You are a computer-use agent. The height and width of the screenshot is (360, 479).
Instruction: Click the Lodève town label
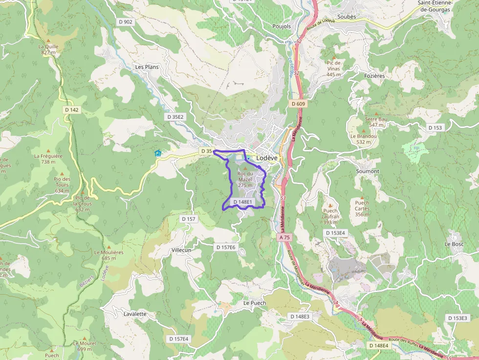[267, 158]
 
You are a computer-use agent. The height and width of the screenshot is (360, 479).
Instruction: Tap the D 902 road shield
[126, 22]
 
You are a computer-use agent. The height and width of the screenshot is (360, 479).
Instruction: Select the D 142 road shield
[71, 110]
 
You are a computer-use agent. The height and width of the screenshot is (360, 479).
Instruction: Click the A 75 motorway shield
[285, 237]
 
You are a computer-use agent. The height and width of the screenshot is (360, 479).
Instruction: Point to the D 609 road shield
[298, 104]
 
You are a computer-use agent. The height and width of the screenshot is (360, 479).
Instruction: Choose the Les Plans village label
[147, 67]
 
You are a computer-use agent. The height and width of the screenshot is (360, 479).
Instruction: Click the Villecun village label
[181, 250]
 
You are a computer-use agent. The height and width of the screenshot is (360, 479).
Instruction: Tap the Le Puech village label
[255, 303]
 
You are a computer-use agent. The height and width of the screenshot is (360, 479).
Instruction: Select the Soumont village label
[368, 171]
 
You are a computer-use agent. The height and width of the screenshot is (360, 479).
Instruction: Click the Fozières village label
[375, 76]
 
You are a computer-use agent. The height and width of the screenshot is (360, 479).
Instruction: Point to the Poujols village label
[282, 26]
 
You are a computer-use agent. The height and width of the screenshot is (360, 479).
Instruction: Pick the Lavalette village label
[135, 314]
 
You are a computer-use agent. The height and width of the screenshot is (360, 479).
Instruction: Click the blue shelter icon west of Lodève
[158, 153]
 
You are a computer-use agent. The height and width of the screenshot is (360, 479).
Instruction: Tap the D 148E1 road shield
[243, 202]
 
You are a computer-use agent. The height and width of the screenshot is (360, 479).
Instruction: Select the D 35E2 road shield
[175, 117]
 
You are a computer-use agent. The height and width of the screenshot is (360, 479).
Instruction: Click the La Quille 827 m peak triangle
[48, 41]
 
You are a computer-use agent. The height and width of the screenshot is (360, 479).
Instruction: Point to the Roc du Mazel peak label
[245, 176]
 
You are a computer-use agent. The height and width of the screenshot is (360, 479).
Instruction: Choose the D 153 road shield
[435, 127]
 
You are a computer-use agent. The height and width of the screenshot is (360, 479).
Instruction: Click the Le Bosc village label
[454, 244]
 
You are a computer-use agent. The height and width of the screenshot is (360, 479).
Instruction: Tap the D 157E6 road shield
[226, 248]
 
